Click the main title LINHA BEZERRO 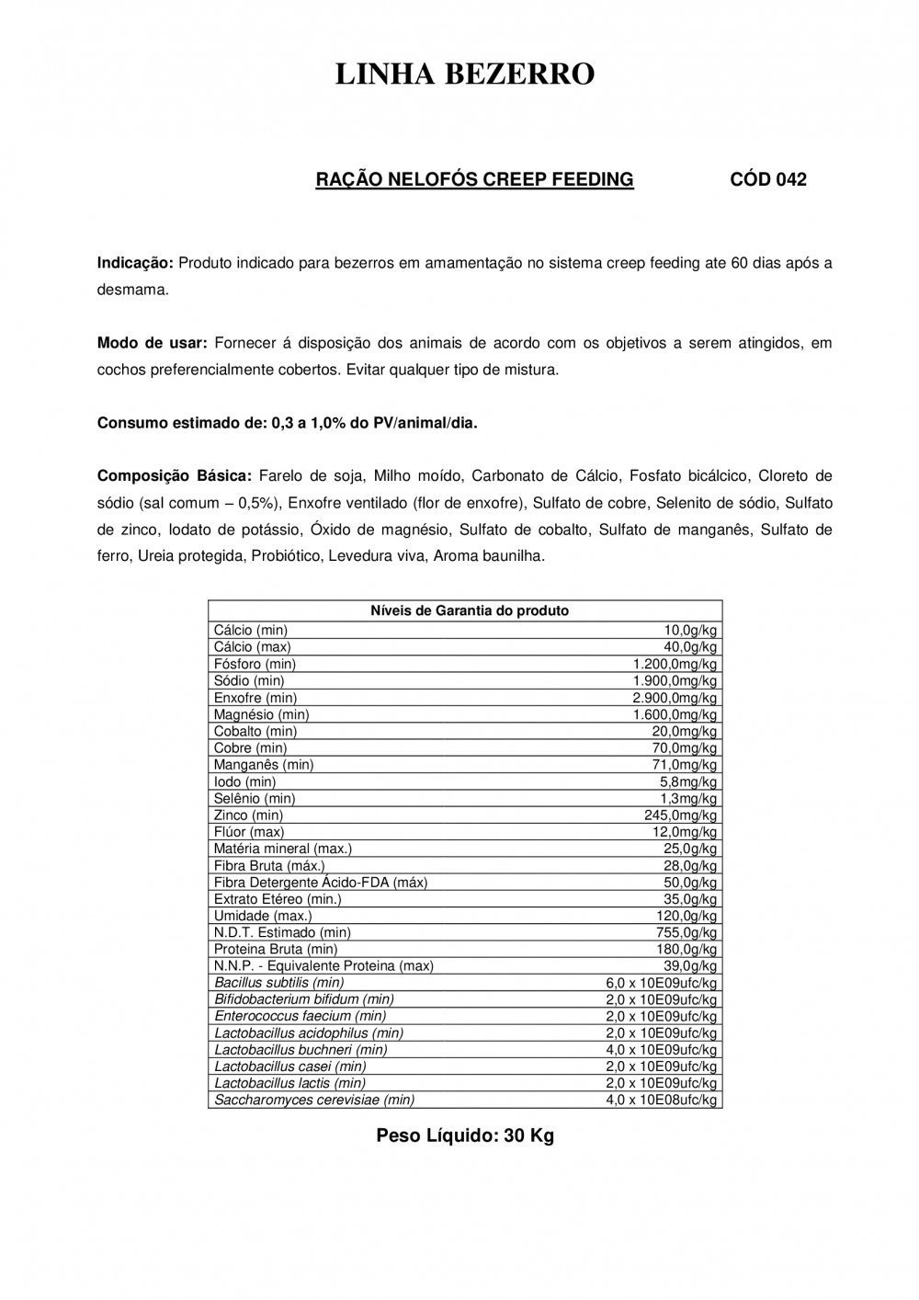point(464,74)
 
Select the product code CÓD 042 point(768,180)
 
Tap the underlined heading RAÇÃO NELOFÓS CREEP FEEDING point(474,180)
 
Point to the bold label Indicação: point(135,263)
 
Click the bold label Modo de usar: point(152,344)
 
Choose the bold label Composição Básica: point(174,476)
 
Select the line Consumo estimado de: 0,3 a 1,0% point(288,424)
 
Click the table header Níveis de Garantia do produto point(469,610)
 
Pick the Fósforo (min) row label point(255,664)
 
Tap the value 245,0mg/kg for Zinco point(680,815)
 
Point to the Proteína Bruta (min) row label point(276,949)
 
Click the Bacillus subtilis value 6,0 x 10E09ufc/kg point(661,983)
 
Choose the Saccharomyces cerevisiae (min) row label point(314,1100)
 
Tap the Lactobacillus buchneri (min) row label point(301,1050)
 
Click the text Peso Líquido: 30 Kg point(465,1136)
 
